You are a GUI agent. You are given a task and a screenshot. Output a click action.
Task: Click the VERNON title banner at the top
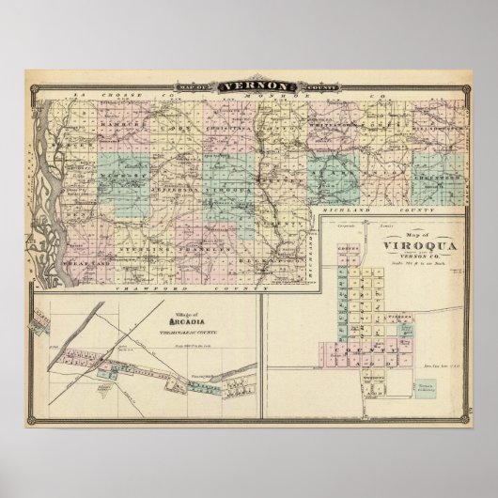click(x=248, y=86)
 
